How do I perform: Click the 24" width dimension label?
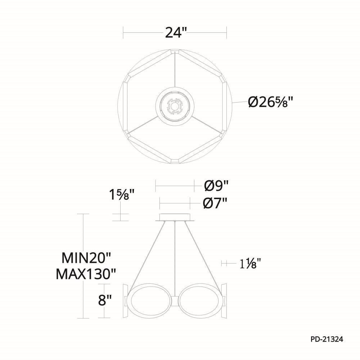(x=175, y=33)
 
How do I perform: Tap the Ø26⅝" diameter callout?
(x=271, y=102)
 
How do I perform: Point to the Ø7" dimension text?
(x=215, y=203)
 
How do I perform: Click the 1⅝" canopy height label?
(x=121, y=195)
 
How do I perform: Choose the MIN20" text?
(x=86, y=258)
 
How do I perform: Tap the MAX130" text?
(x=86, y=274)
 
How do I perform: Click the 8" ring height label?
(x=105, y=300)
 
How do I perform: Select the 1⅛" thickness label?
(x=251, y=264)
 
